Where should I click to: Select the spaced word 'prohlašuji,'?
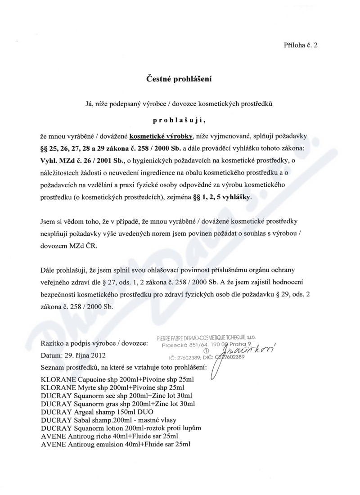click(x=179, y=120)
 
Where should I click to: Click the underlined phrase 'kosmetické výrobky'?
click(x=162, y=135)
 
